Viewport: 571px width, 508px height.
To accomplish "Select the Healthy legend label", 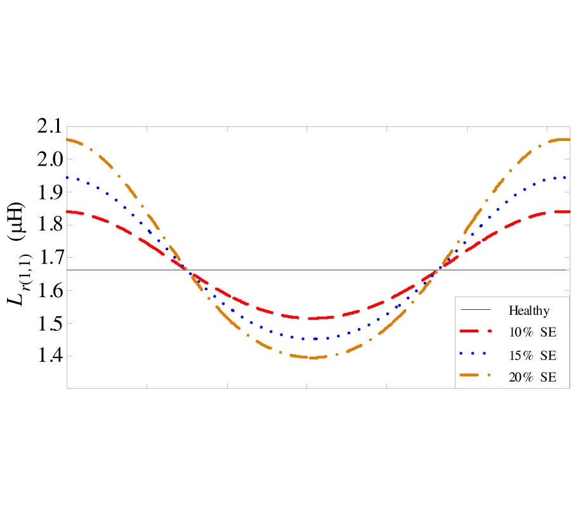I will tap(528, 311).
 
